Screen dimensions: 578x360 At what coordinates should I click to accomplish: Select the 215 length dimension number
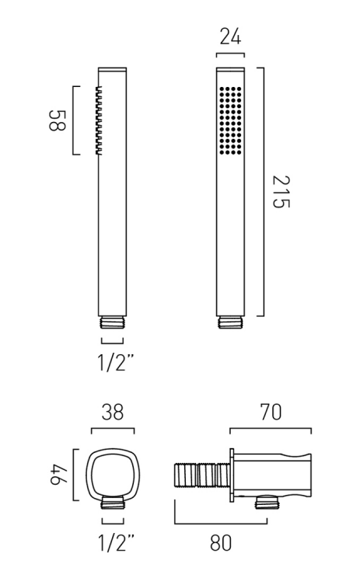click(x=281, y=191)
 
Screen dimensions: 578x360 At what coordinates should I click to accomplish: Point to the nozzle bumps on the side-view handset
click(x=98, y=120)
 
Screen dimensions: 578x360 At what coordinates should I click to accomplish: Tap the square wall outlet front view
click(x=113, y=474)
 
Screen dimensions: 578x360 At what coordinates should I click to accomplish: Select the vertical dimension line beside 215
click(x=264, y=191)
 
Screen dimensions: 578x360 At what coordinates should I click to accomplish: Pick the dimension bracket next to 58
click(x=74, y=120)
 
